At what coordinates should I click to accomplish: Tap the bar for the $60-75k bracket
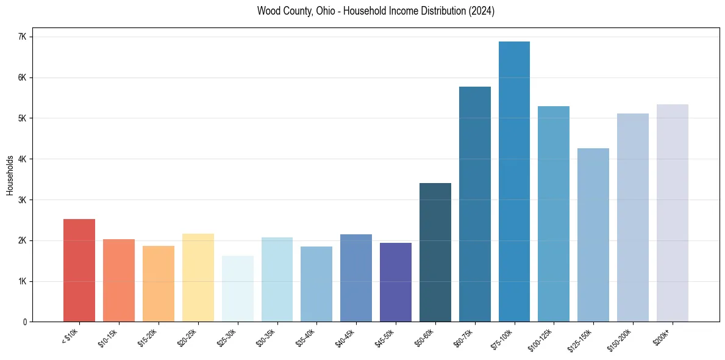click(x=474, y=204)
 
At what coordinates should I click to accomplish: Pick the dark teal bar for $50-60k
click(x=435, y=253)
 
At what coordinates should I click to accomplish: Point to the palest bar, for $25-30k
click(x=237, y=289)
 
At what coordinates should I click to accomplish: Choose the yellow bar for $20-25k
click(x=198, y=278)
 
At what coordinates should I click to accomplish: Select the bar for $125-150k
click(x=593, y=235)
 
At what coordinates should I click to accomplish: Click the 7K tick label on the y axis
click(x=23, y=37)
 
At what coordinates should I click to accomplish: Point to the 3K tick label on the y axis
click(x=23, y=200)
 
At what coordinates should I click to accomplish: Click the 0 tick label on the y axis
click(x=24, y=322)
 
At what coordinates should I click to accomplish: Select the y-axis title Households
click(x=10, y=175)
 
